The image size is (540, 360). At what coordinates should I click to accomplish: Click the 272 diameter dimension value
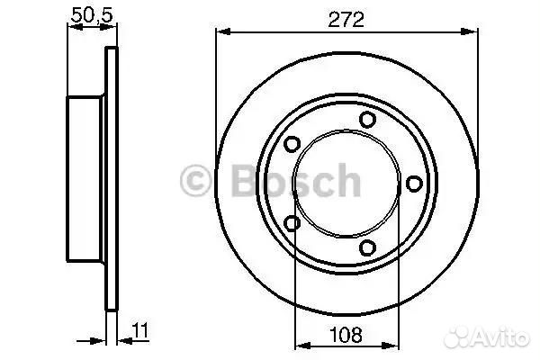[x=346, y=20]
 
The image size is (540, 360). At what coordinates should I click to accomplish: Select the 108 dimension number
[x=346, y=334]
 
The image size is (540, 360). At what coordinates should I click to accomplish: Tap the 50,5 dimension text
[x=92, y=14]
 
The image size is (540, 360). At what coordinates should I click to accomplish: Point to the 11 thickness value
[x=140, y=330]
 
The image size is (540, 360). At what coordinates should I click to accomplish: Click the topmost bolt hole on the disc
[x=367, y=120]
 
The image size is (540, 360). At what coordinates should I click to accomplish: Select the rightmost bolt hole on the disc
[x=414, y=184]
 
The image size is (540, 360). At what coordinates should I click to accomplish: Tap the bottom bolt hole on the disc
[x=367, y=247]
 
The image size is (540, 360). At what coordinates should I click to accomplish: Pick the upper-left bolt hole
[x=292, y=143]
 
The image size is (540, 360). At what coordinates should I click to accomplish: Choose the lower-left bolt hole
[x=292, y=223]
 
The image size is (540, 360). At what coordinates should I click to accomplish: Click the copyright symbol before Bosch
[x=195, y=181]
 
